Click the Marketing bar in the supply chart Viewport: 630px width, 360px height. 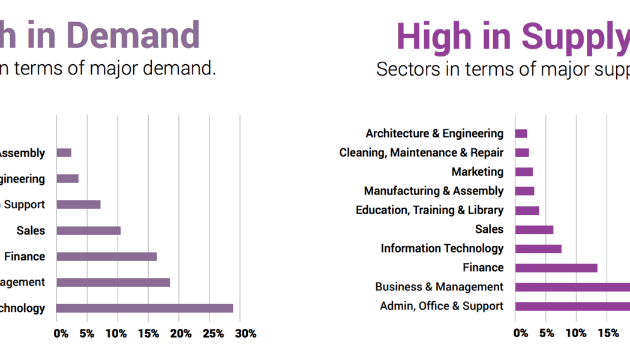(524, 172)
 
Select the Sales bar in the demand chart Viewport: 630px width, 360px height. (88, 230)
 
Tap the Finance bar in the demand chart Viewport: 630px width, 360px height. (106, 256)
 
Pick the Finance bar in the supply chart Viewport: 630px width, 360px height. (556, 268)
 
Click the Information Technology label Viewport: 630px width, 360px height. (442, 248)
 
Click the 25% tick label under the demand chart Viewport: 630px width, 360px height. (216, 334)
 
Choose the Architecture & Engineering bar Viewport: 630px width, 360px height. (521, 134)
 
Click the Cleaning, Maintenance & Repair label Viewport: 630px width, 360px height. (421, 152)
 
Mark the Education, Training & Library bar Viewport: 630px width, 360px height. (527, 210)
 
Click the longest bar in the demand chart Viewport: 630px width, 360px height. (145, 308)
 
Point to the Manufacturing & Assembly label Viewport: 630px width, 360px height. (434, 191)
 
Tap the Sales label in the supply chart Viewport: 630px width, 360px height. (489, 229)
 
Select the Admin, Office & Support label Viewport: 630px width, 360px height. (442, 306)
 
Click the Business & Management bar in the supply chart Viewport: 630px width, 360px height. (572, 287)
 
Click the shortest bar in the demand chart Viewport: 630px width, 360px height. (64, 153)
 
